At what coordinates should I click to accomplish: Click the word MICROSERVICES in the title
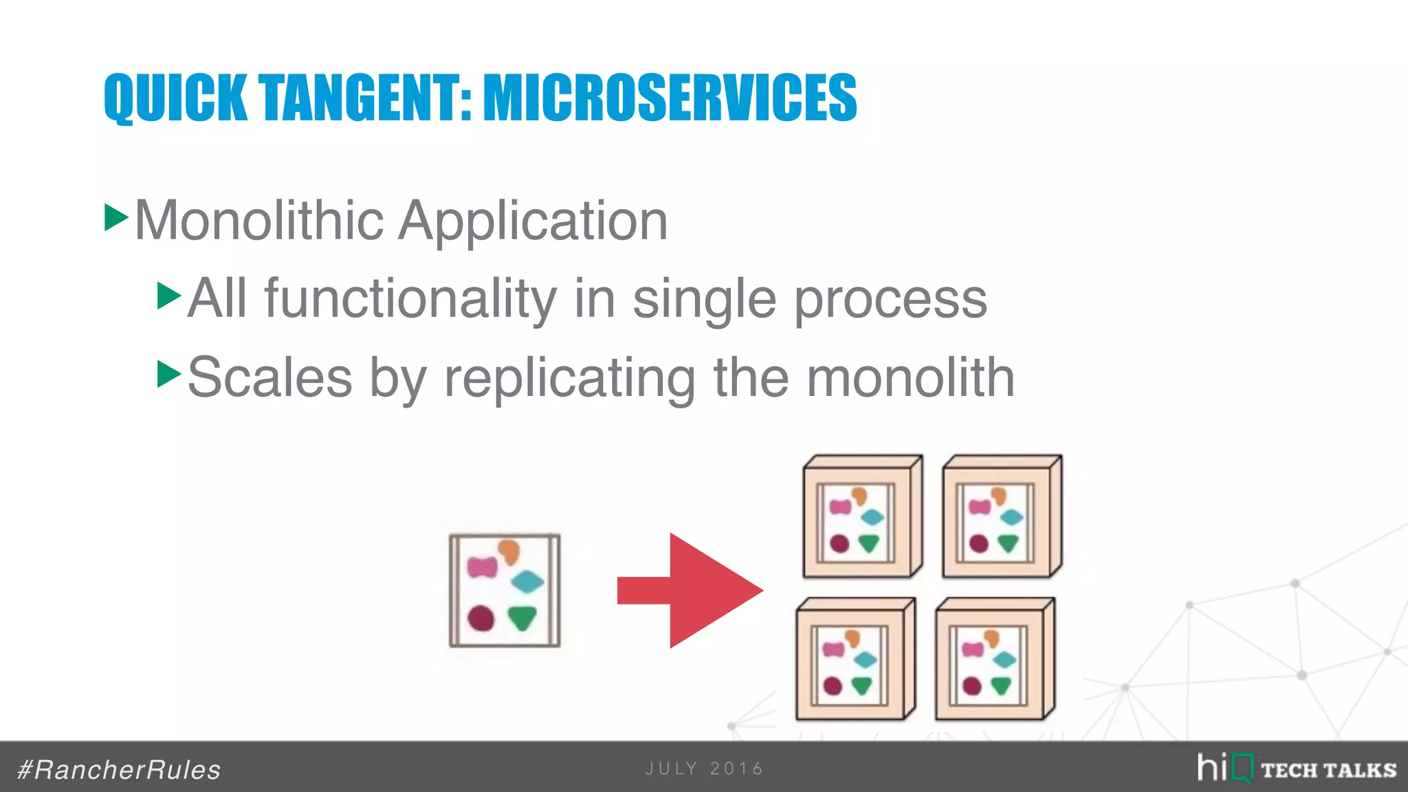coord(670,98)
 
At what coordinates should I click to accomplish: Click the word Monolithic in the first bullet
coord(259,221)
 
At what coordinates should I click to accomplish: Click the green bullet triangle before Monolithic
coord(115,217)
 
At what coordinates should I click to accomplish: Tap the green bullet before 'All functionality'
coord(168,296)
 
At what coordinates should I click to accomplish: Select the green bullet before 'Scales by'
coord(168,374)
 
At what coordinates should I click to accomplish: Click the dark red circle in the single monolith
coord(481,617)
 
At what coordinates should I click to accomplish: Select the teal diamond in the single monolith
coord(527,582)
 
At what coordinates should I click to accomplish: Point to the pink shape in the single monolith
coord(482,567)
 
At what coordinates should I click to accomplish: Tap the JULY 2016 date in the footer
coord(704,769)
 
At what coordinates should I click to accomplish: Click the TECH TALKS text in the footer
coord(1328,770)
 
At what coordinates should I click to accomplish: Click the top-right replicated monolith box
coord(1002,517)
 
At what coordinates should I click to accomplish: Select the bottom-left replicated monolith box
coord(855,660)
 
